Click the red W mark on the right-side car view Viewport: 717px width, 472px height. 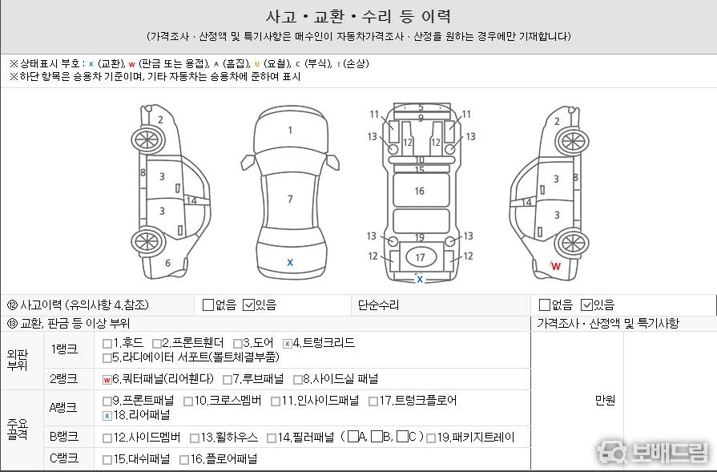click(556, 266)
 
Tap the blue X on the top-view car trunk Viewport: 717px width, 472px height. click(290, 263)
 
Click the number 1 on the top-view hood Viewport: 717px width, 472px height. click(290, 131)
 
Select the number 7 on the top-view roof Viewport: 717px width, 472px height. click(290, 199)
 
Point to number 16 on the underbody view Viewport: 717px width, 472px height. click(419, 192)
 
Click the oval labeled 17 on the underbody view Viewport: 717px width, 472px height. click(421, 257)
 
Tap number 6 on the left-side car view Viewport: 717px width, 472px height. click(167, 264)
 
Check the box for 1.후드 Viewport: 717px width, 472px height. click(107, 344)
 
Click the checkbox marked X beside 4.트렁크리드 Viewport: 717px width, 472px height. click(287, 344)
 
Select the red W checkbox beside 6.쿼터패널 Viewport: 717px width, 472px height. click(107, 380)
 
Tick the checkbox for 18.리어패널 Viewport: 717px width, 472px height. click(107, 416)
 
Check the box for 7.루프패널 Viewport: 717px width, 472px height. click(228, 380)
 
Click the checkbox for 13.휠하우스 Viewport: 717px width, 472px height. click(195, 438)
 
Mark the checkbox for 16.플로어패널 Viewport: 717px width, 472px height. click(184, 460)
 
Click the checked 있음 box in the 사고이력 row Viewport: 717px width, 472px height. click(249, 305)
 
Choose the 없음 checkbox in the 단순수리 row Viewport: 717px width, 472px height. click(545, 305)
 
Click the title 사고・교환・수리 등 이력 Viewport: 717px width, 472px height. click(359, 17)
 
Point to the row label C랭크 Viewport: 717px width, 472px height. click(63, 458)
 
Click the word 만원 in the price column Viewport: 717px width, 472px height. click(605, 400)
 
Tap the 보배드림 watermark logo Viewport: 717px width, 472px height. click(653, 452)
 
